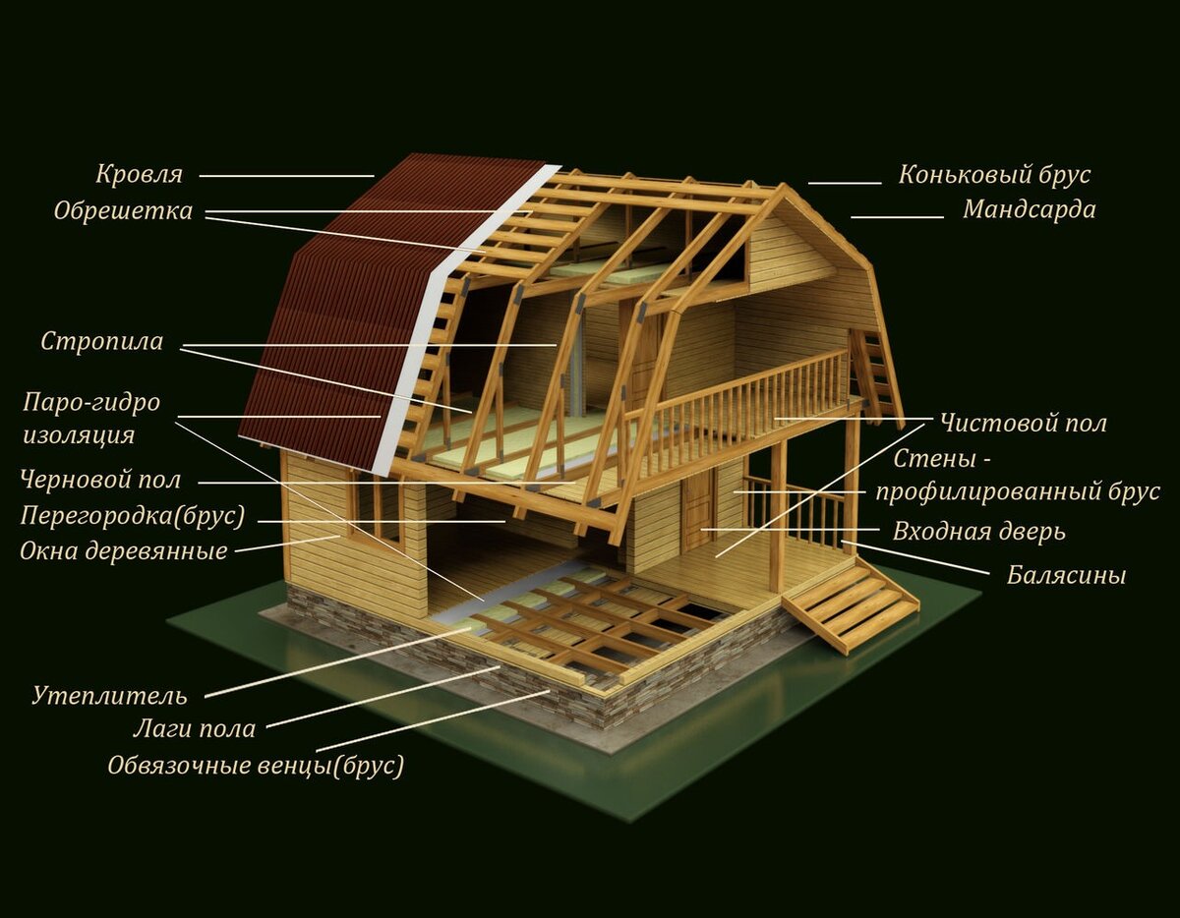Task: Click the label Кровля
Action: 139,175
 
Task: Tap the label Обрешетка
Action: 123,211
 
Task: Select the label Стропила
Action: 101,342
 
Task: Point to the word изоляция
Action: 79,434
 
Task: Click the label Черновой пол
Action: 100,481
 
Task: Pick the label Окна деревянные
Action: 123,551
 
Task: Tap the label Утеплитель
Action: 109,697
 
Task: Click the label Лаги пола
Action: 194,729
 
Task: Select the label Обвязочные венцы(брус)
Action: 256,766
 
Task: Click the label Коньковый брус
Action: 994,176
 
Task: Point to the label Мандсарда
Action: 1029,210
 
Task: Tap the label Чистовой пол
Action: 1023,424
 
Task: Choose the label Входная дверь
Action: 978,533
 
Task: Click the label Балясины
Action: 1066,576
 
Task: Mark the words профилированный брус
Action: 1018,493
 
